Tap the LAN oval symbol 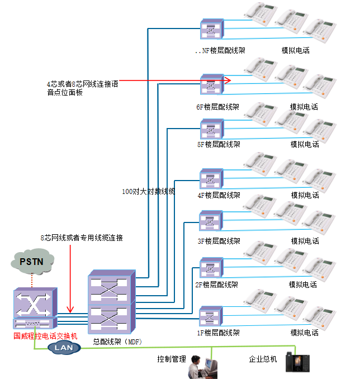pos(64,347)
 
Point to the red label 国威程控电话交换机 pos(45,337)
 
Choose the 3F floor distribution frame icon pos(211,221)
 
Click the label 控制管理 pos(171,359)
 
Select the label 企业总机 pos(263,359)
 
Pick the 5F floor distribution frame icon pos(211,130)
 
